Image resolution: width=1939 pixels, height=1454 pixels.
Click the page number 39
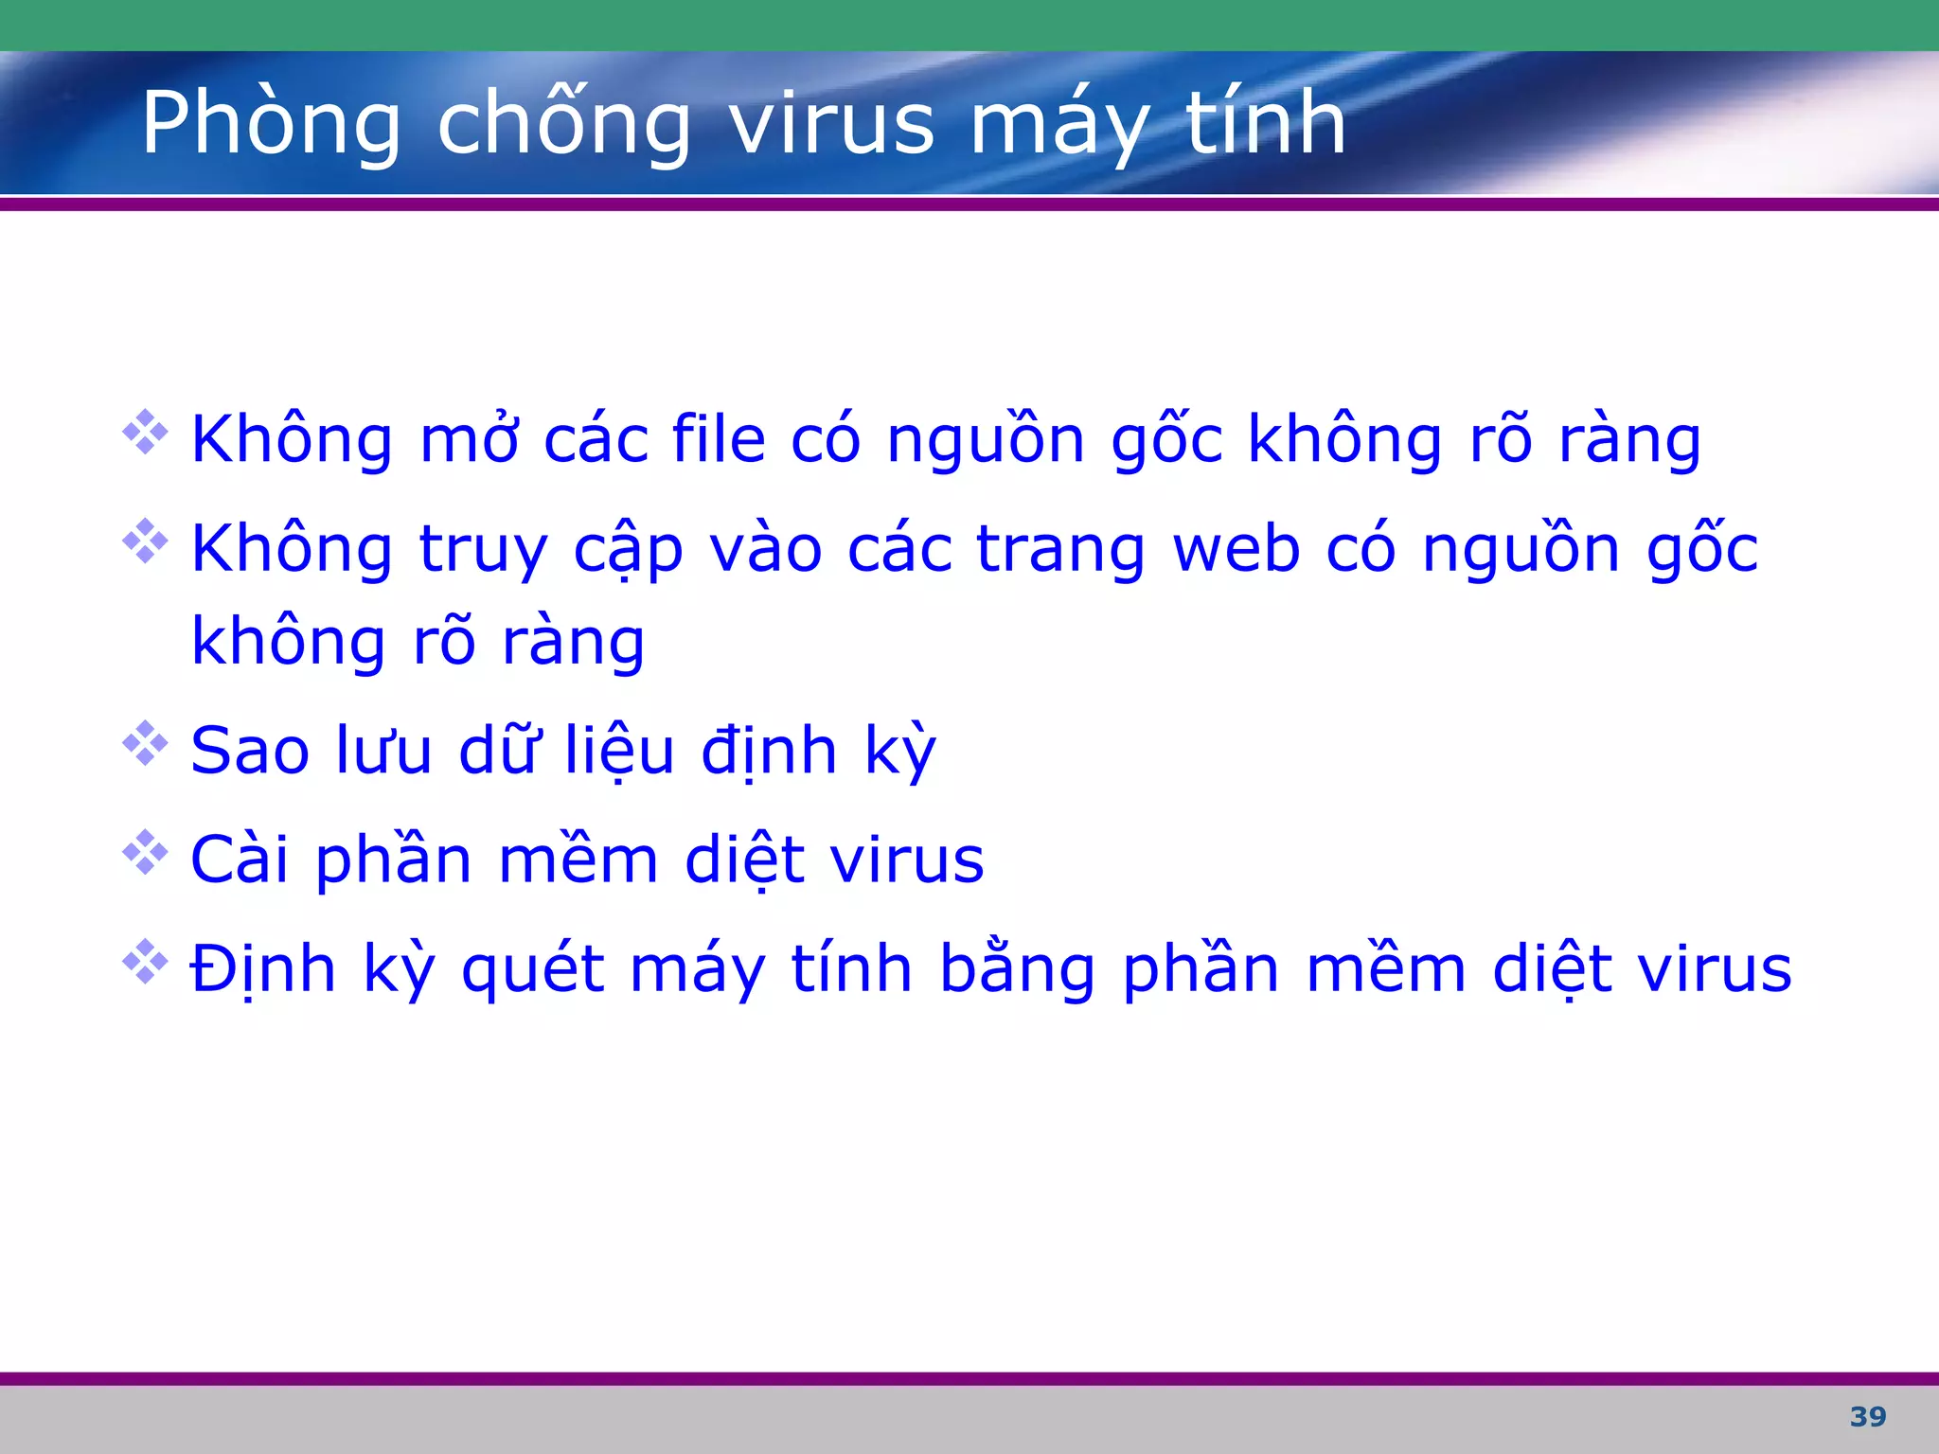tap(1867, 1417)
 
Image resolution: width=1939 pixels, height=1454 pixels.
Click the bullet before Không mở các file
tap(145, 433)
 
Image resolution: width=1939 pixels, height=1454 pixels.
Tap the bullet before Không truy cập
tap(145, 541)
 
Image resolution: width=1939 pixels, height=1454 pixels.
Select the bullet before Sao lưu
tap(145, 744)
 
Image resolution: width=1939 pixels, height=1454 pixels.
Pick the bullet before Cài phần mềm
tap(145, 853)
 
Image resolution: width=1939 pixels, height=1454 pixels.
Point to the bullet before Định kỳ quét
tap(145, 962)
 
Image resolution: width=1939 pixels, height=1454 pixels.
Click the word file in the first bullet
tap(718, 440)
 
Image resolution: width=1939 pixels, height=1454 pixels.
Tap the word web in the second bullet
tap(1236, 549)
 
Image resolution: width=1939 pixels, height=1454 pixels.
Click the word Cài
tap(239, 860)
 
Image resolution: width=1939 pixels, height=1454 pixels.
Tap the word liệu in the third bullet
tap(620, 752)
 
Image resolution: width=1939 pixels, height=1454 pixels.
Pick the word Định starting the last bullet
tap(263, 969)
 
